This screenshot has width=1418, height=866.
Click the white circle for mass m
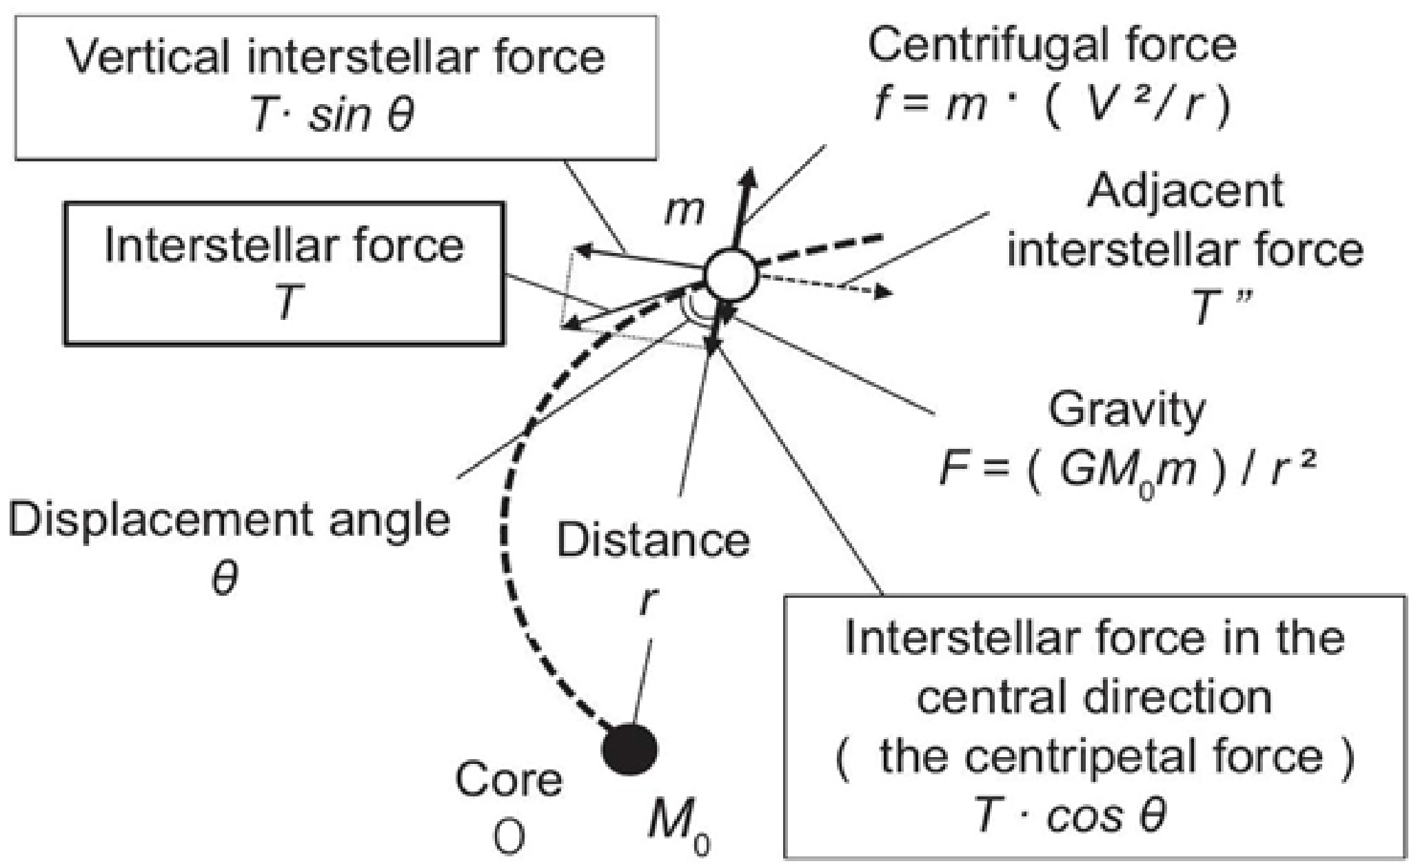point(731,274)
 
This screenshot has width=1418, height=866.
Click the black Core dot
point(629,749)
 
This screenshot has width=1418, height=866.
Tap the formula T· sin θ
point(333,114)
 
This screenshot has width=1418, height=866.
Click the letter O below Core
point(510,838)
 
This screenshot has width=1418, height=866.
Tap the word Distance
point(653,540)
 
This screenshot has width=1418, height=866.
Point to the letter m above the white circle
point(684,212)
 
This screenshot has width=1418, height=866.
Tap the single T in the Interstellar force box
point(286,303)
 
